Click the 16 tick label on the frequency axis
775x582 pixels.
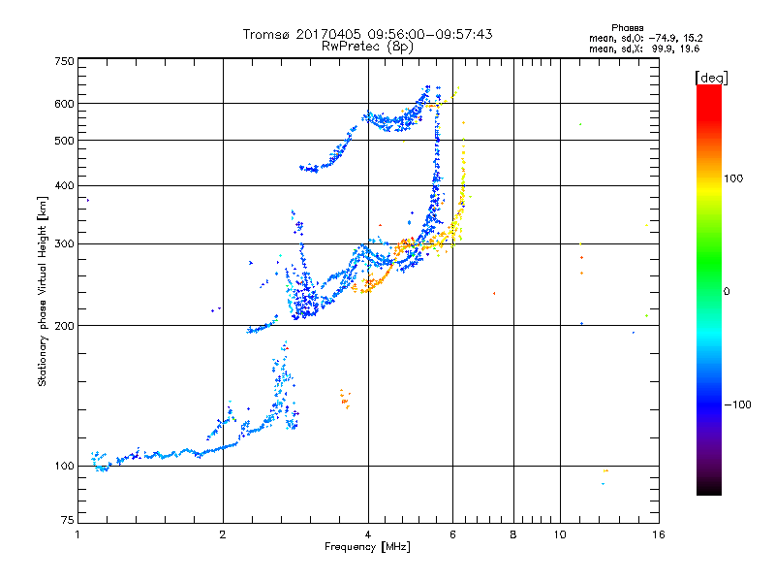(657, 534)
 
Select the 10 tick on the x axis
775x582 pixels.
(559, 534)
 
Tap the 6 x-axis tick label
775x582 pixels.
(452, 534)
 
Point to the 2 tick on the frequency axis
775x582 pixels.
(223, 534)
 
